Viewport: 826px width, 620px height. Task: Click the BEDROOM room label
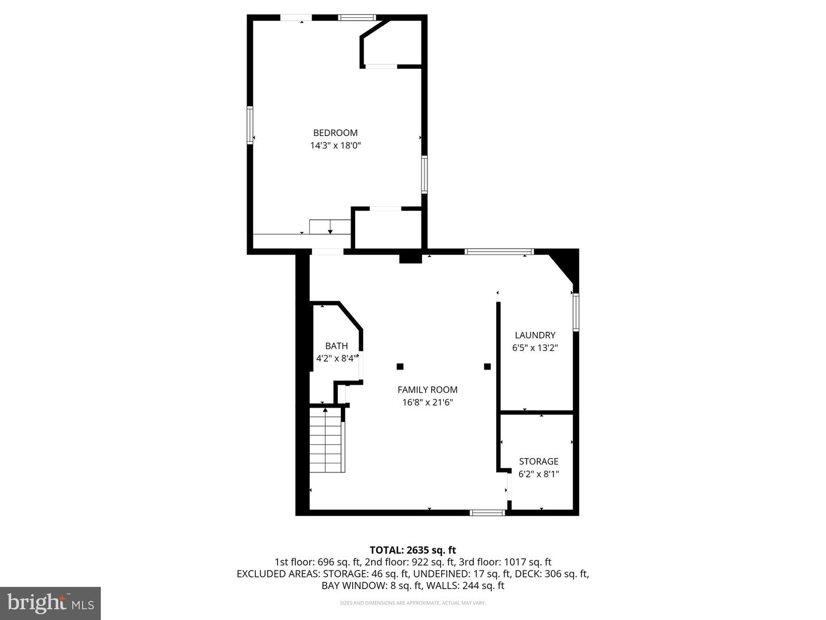[x=335, y=133]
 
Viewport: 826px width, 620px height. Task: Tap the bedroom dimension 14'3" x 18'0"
[x=335, y=146]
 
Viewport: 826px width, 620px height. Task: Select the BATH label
[x=336, y=346]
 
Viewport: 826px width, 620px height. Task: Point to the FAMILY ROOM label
[x=427, y=390]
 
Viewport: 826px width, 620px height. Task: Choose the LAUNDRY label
[x=535, y=335]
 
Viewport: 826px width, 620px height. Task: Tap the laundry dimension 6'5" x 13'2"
[x=535, y=348]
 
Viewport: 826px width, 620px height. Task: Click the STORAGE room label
[x=538, y=462]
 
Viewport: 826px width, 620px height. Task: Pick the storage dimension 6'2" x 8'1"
[x=538, y=474]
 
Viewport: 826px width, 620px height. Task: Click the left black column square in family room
[x=400, y=366]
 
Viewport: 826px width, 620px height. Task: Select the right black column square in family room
[x=487, y=366]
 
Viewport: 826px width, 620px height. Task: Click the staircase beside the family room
[x=327, y=440]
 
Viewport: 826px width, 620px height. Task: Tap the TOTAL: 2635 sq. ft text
[x=412, y=551]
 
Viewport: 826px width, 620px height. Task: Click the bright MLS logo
[x=50, y=603]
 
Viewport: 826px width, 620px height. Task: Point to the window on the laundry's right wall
[x=575, y=311]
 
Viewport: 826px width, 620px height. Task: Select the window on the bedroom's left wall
[x=250, y=125]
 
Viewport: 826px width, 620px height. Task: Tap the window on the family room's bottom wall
[x=487, y=512]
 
